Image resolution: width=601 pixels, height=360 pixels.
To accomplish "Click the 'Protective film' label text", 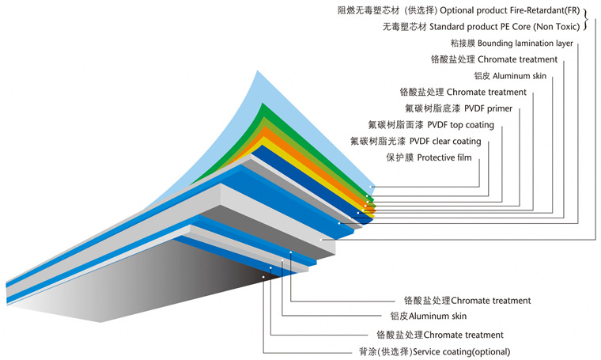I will click(x=443, y=158).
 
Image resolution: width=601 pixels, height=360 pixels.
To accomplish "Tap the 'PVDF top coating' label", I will click(x=461, y=125).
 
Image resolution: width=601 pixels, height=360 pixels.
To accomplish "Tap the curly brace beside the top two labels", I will click(x=587, y=19).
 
